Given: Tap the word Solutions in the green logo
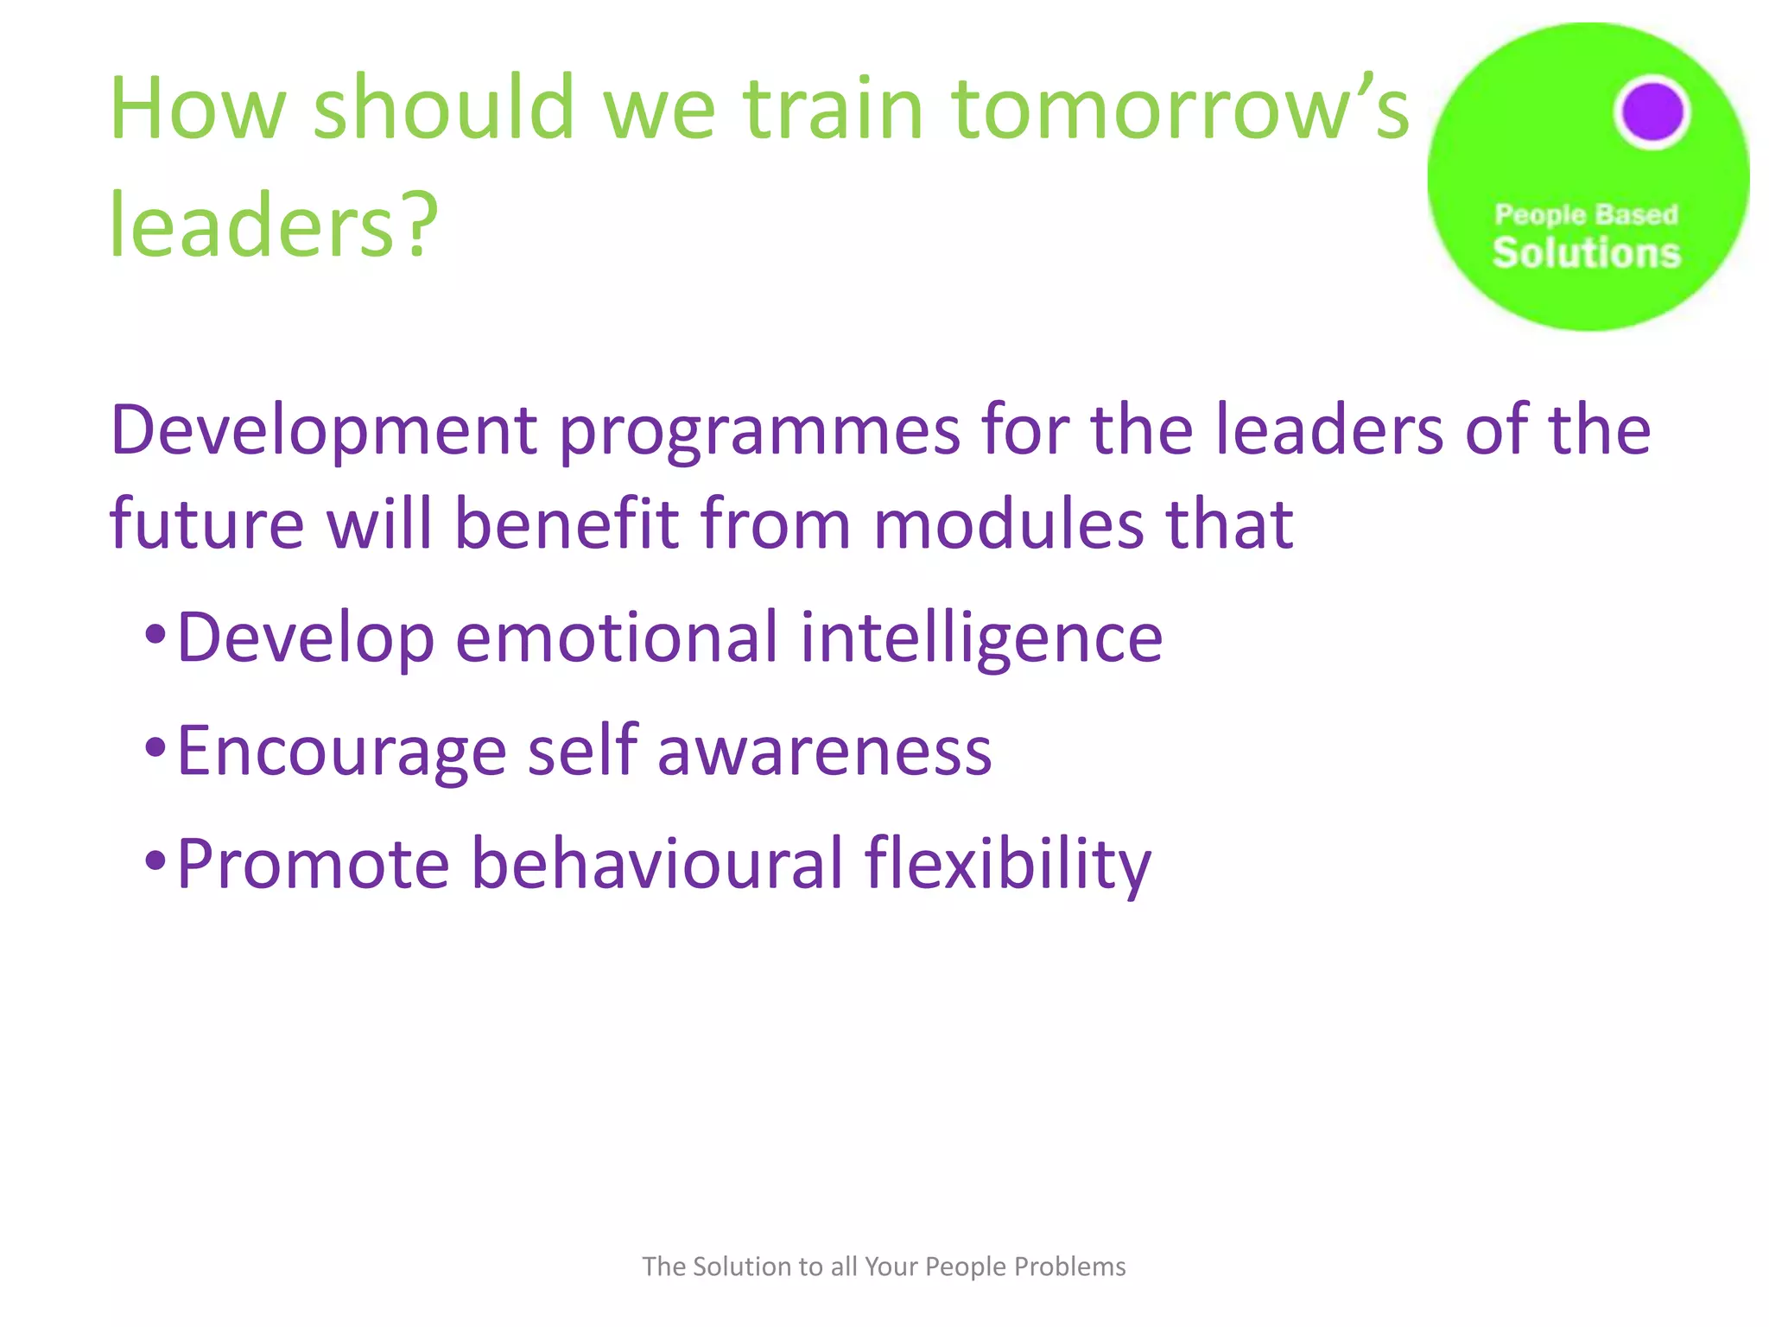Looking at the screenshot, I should [x=1587, y=253].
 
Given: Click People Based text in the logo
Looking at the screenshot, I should [x=1587, y=214].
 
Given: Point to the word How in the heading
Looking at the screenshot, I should [x=197, y=109].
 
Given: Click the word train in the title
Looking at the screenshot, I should [x=834, y=109].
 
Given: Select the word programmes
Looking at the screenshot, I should [x=759, y=430].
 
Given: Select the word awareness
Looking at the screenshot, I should [x=824, y=751].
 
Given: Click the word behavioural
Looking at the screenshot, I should [x=656, y=864].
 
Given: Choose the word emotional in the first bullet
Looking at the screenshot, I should [x=617, y=638].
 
